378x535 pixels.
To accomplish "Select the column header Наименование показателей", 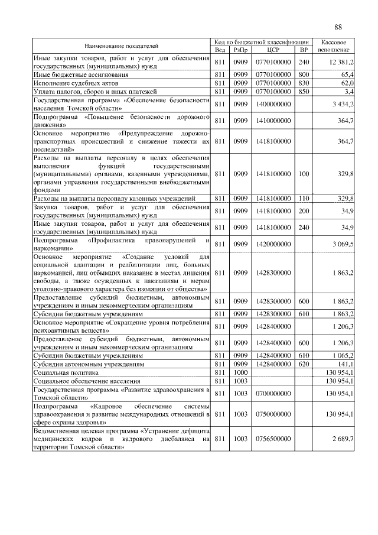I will pos(121,46).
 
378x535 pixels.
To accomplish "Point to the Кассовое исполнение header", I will pos(336,46).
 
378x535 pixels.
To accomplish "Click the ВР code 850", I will pos(304,92).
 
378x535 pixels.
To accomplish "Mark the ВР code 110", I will pos(304,199).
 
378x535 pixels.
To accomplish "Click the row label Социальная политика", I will pos(63,373).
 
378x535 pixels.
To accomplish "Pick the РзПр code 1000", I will pos(240,373).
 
